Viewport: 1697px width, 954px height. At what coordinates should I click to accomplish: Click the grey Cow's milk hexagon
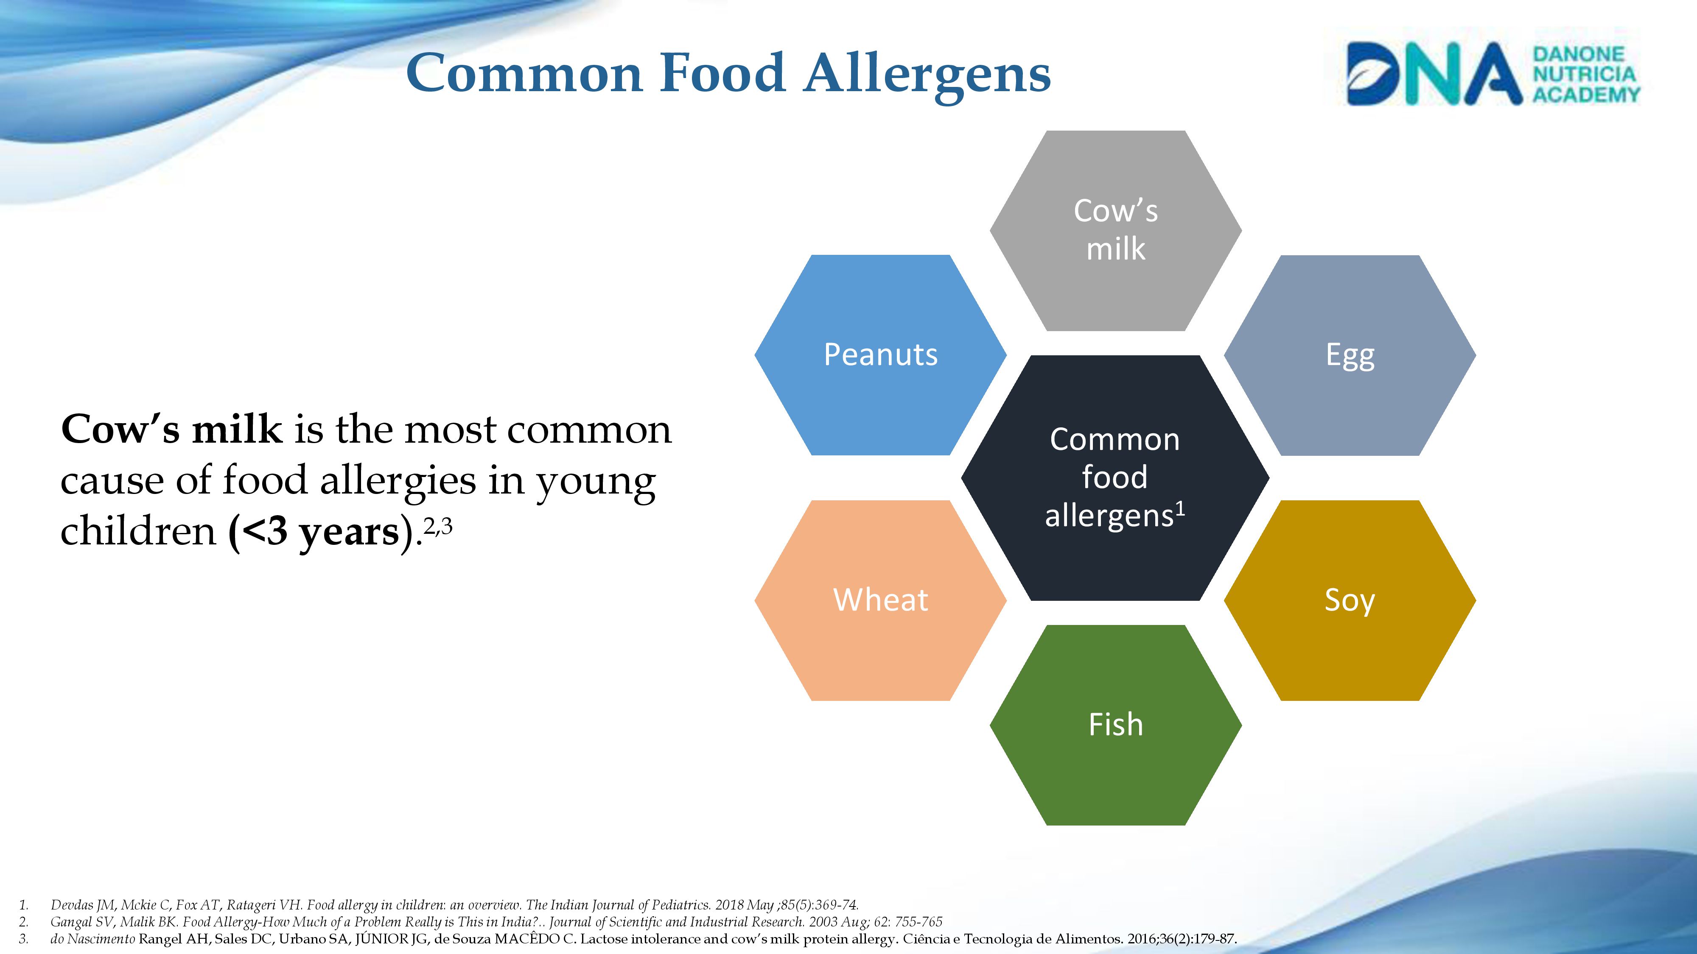click(x=1115, y=230)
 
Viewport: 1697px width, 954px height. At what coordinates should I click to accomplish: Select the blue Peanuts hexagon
click(x=880, y=355)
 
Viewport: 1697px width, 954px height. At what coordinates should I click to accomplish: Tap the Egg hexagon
click(x=1350, y=355)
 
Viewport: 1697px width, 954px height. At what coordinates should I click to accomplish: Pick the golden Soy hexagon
click(x=1350, y=600)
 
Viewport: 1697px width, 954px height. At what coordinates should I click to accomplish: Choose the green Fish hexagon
click(x=1115, y=725)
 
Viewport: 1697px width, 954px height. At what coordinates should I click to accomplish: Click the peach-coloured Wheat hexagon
click(x=880, y=600)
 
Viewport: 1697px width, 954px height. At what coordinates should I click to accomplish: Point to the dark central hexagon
click(x=1115, y=478)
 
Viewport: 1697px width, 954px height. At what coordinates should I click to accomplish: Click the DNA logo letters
click(x=1434, y=74)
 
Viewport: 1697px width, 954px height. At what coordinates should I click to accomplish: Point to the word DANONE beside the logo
click(x=1578, y=54)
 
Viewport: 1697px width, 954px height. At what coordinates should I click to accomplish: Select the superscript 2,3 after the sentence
click(x=437, y=526)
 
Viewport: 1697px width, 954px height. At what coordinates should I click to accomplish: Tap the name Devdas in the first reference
click(x=72, y=905)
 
